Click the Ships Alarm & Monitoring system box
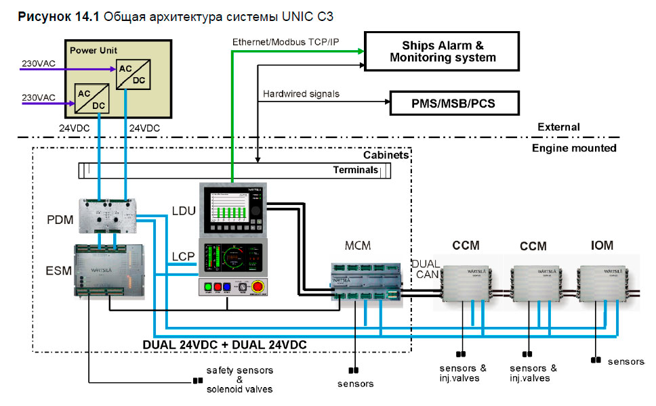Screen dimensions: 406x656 pos(443,51)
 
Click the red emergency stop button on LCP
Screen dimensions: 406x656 pos(259,286)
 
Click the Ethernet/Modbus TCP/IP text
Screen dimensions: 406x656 pos(285,42)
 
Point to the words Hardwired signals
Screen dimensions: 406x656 pos(301,94)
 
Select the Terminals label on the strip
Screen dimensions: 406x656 pos(355,170)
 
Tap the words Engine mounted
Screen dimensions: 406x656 pos(574,148)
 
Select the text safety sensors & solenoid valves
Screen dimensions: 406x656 pos(240,380)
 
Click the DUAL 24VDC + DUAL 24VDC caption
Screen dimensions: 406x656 pos(224,344)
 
